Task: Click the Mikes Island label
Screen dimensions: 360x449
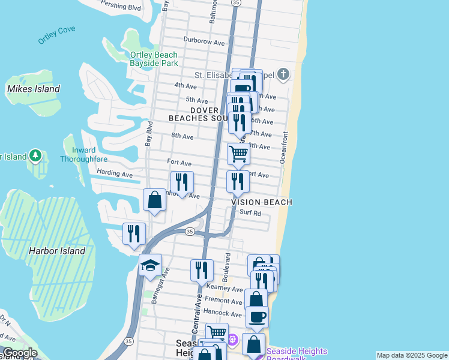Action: [33, 89]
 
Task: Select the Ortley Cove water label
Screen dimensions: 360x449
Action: [57, 38]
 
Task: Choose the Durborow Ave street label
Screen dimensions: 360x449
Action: [204, 43]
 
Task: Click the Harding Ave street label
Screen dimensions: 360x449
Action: [114, 173]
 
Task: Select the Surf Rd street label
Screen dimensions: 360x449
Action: [250, 213]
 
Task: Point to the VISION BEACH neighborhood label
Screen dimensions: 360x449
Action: [262, 202]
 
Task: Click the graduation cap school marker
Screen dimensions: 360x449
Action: [150, 265]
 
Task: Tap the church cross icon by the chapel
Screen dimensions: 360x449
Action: [283, 75]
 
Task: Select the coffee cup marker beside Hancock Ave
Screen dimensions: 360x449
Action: [257, 316]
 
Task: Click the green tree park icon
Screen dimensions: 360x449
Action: [35, 157]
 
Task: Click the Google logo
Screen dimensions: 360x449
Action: [19, 353]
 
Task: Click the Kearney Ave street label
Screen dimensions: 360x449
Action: [224, 289]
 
